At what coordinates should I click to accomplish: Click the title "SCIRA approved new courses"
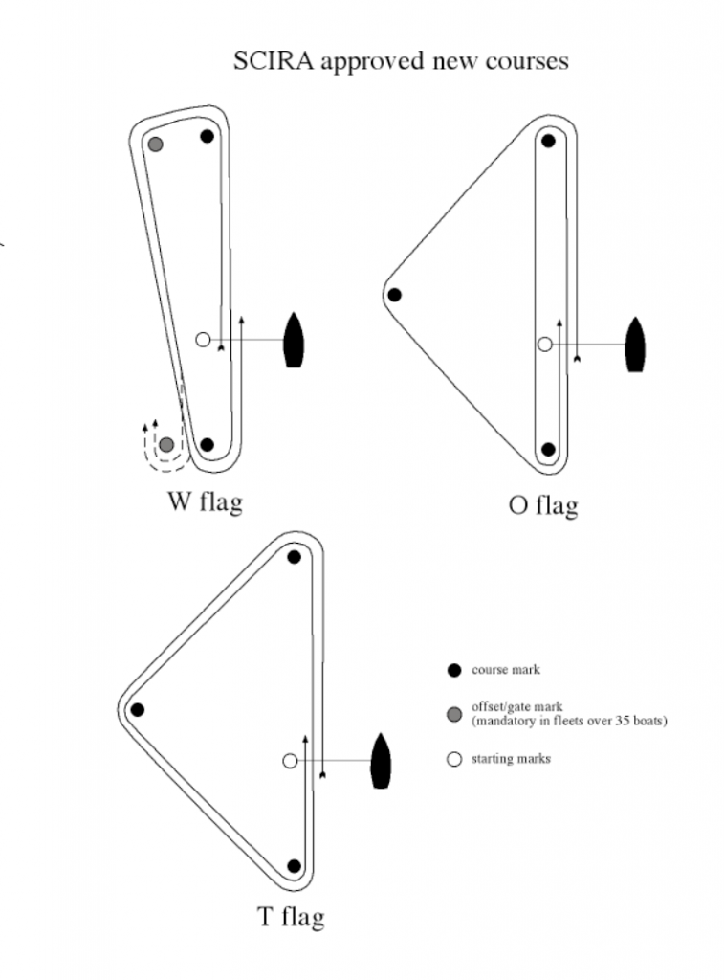pyautogui.click(x=401, y=61)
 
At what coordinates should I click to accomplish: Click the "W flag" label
pyautogui.click(x=204, y=501)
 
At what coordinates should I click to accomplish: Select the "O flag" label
pyautogui.click(x=543, y=503)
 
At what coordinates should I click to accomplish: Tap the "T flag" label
pyautogui.click(x=291, y=917)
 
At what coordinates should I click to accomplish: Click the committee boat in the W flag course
pyautogui.click(x=294, y=340)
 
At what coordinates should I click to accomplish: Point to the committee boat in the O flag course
pyautogui.click(x=634, y=344)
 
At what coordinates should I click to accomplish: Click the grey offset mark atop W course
pyautogui.click(x=155, y=145)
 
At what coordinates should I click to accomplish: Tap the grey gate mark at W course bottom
pyautogui.click(x=166, y=445)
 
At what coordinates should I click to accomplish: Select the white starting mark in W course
pyautogui.click(x=202, y=339)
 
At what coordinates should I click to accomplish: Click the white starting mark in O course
pyautogui.click(x=544, y=344)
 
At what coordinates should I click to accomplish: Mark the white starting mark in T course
pyautogui.click(x=290, y=761)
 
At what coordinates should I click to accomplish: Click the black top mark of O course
pyautogui.click(x=548, y=141)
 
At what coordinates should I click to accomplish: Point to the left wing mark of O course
pyautogui.click(x=394, y=295)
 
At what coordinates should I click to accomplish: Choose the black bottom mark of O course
pyautogui.click(x=548, y=449)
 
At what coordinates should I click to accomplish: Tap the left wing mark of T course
pyautogui.click(x=138, y=710)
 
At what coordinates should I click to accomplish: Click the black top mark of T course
pyautogui.click(x=295, y=557)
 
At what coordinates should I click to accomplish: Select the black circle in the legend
pyautogui.click(x=454, y=670)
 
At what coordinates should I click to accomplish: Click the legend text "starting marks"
pyautogui.click(x=511, y=759)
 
